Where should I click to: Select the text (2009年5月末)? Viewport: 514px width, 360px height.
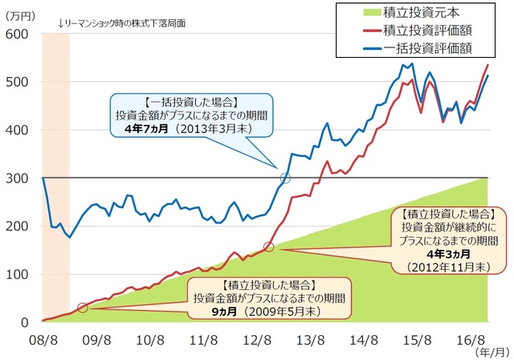[x=258, y=311]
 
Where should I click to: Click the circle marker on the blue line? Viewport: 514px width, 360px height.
[x=285, y=178]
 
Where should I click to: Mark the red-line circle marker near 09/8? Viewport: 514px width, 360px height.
[x=83, y=308]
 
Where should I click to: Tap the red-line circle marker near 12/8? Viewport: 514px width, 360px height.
[x=269, y=247]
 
